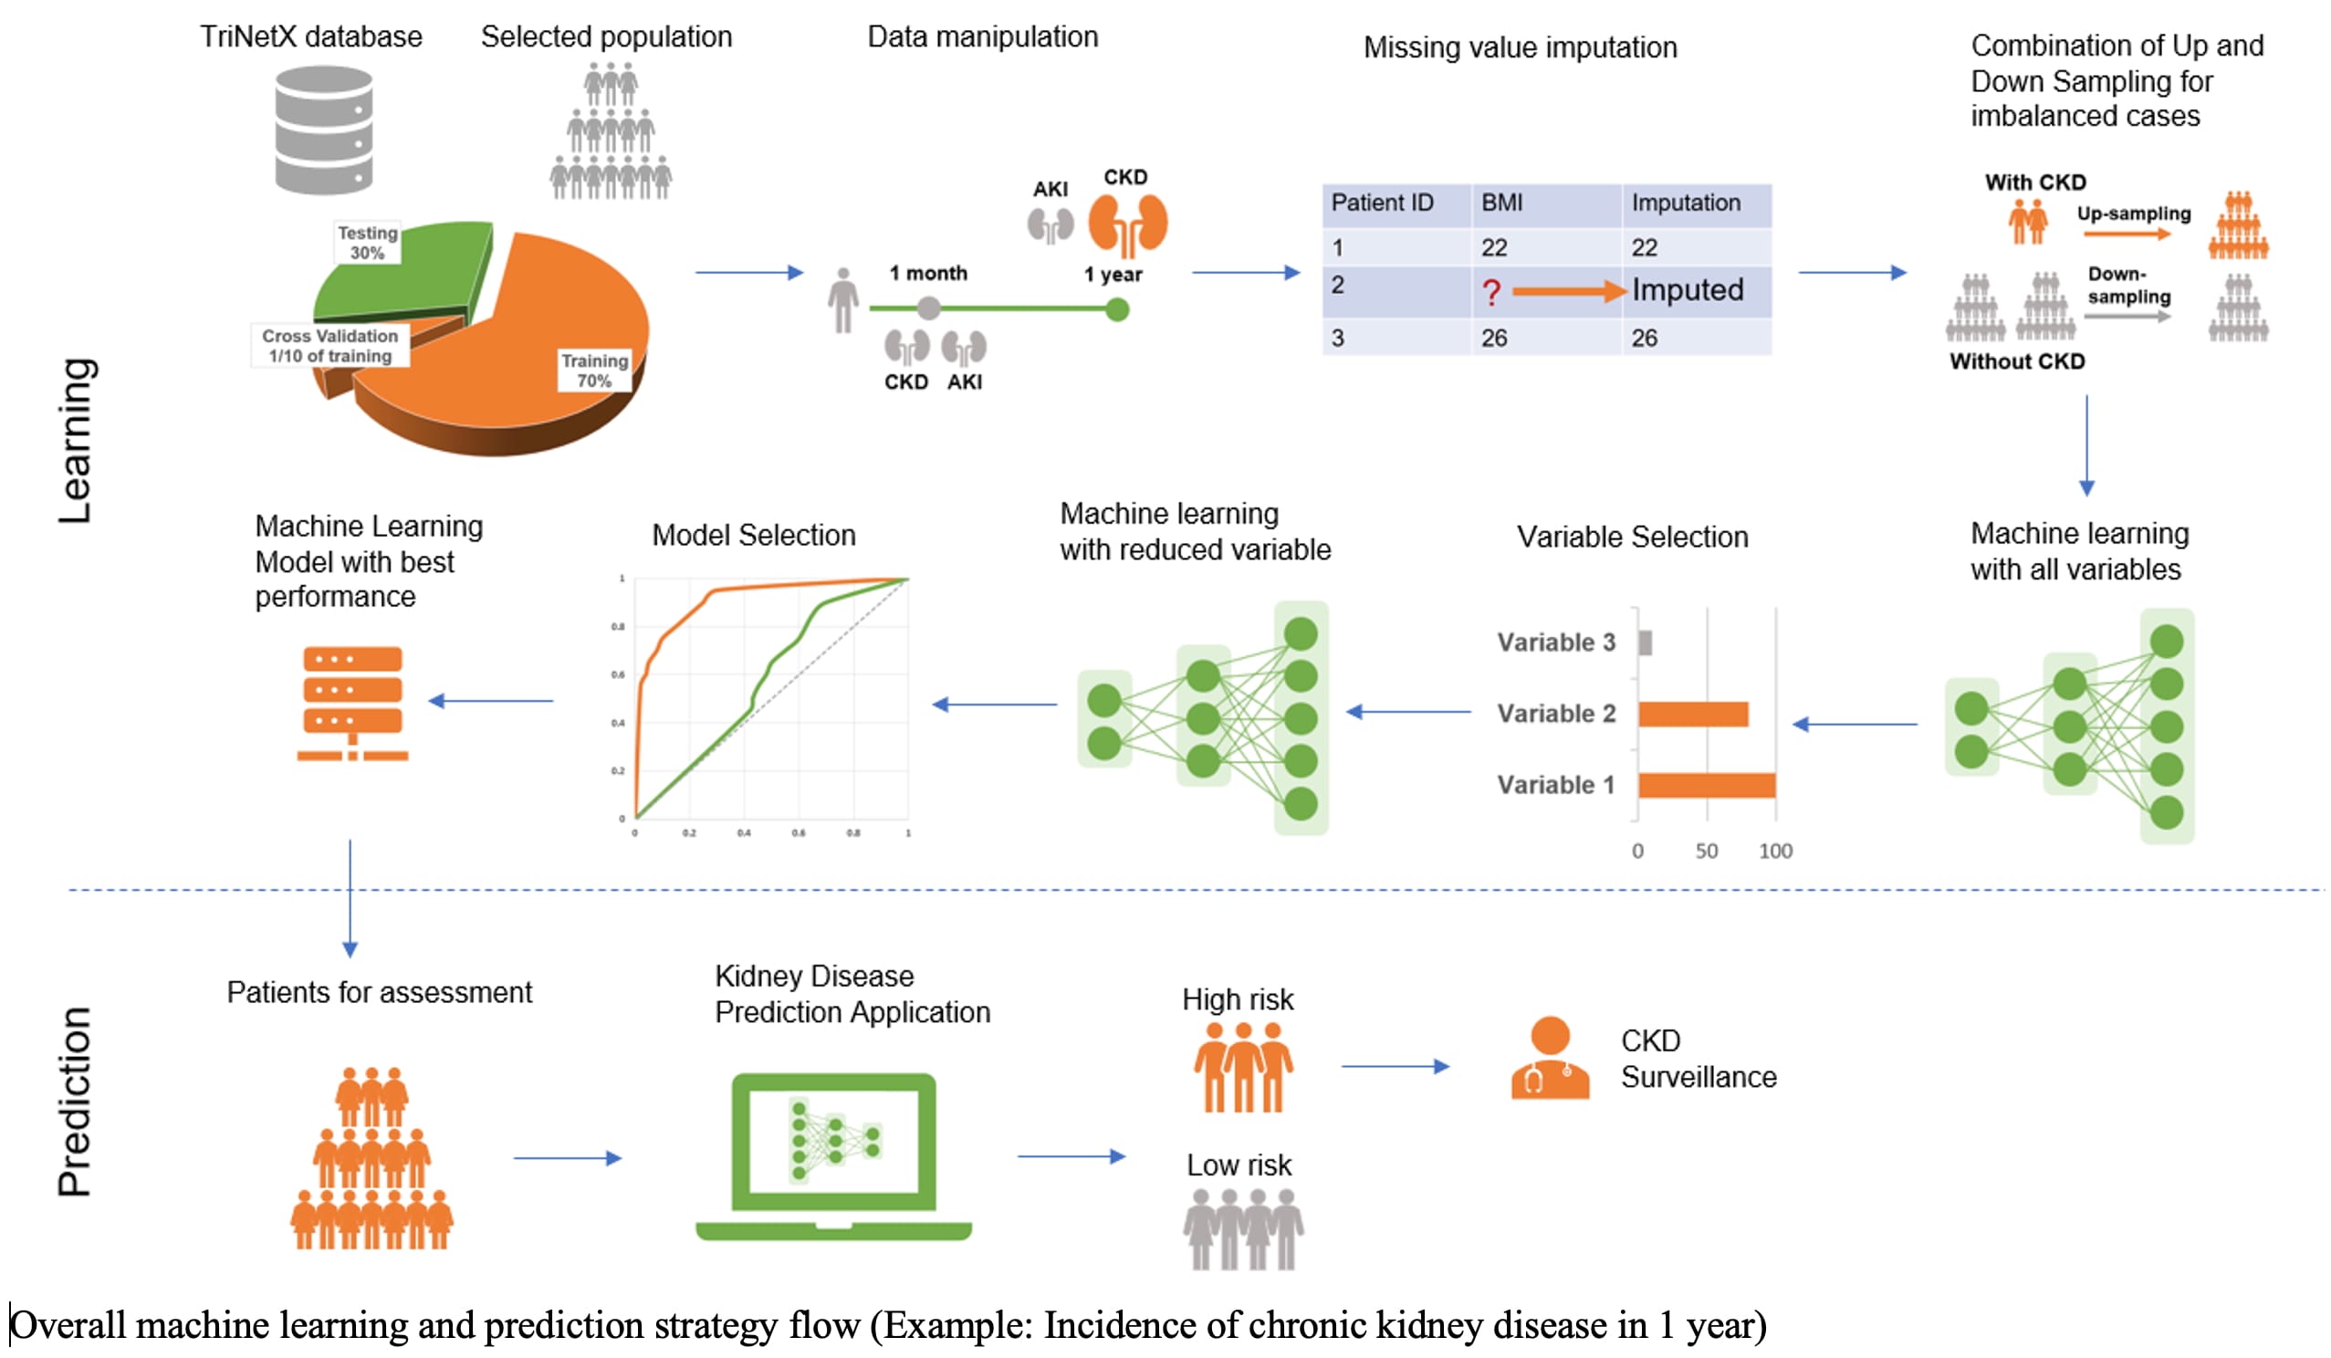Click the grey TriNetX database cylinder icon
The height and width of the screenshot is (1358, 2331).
[x=324, y=130]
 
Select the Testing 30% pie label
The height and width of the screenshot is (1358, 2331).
[x=367, y=243]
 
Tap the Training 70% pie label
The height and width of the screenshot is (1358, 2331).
[x=594, y=370]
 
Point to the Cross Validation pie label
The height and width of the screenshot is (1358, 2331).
[x=330, y=346]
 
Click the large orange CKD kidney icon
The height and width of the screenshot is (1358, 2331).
[x=1127, y=225]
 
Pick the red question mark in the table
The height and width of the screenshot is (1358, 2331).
[x=1490, y=293]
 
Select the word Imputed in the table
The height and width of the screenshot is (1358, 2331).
[x=1688, y=290]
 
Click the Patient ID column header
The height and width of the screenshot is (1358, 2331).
[x=1382, y=203]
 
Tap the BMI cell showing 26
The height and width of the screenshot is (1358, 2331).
[x=1494, y=339]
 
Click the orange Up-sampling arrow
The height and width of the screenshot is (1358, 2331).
[x=2127, y=235]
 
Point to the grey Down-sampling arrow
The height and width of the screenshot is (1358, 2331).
[x=2127, y=317]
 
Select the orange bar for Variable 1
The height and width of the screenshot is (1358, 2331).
[x=1707, y=786]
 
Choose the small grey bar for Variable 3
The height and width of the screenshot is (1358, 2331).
[x=1645, y=642]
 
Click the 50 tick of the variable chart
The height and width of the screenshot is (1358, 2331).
[x=1707, y=851]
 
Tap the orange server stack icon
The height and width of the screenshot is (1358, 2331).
[x=352, y=703]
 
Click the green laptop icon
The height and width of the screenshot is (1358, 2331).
[x=833, y=1156]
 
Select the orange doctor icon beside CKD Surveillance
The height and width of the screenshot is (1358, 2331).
[x=1551, y=1059]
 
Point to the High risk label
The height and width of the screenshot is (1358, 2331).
[x=1238, y=1000]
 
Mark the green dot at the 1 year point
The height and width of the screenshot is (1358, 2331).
[x=1117, y=310]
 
